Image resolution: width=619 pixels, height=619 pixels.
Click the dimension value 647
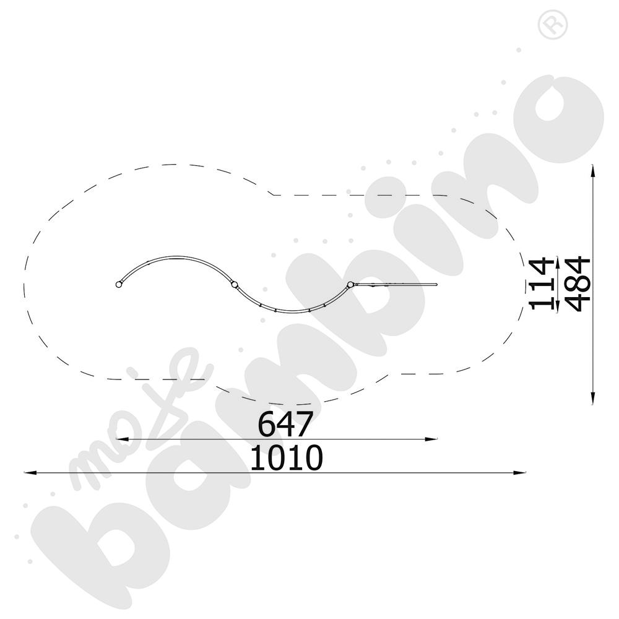[x=285, y=423]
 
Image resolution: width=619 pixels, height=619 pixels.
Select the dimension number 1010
[x=287, y=457]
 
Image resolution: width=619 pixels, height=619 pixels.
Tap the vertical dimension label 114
[x=541, y=284]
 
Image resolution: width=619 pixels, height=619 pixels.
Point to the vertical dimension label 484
[x=578, y=284]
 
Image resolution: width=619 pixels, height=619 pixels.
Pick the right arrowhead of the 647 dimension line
[x=431, y=439]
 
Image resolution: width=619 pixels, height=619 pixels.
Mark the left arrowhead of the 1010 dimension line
[x=30, y=472]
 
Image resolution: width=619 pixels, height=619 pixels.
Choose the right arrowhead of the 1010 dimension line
[x=520, y=472]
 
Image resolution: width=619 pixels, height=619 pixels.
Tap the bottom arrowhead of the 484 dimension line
[x=592, y=398]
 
